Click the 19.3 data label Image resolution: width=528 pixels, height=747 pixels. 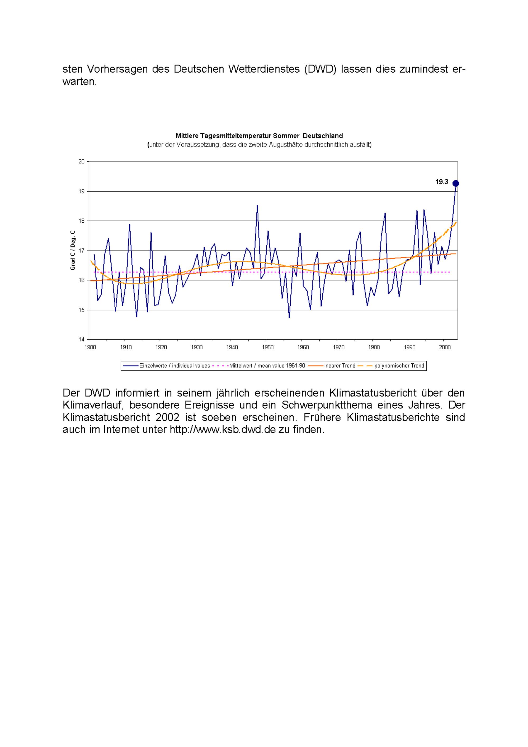point(442,182)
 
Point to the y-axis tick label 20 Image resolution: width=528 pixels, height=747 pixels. point(82,162)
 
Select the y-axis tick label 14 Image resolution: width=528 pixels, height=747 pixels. point(82,339)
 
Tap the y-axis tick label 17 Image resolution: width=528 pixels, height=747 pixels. point(82,251)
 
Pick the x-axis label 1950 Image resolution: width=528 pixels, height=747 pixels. point(268,347)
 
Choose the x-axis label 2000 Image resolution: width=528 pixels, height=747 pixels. point(445,347)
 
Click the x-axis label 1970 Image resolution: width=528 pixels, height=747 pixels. point(339,347)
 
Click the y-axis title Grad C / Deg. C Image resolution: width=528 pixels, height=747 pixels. point(73,250)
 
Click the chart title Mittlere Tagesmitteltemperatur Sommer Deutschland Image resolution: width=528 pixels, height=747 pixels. point(259,136)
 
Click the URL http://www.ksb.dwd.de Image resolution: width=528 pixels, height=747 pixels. point(223,430)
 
